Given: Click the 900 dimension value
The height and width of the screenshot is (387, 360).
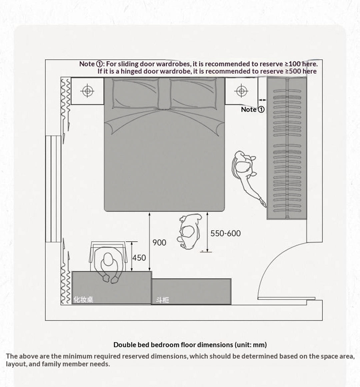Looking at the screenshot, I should [x=159, y=243].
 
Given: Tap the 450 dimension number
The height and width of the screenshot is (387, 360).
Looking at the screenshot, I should [x=139, y=258].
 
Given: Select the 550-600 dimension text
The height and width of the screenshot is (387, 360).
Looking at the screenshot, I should [x=225, y=233].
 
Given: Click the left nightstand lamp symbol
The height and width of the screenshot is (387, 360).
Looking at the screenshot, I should [x=87, y=91].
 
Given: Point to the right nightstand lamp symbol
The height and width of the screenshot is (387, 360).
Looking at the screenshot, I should [x=241, y=91].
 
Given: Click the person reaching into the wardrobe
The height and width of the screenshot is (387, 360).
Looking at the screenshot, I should [x=246, y=173].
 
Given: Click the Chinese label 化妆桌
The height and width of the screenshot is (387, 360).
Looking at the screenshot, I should [x=83, y=299].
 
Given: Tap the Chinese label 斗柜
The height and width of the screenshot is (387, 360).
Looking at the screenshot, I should [x=163, y=300].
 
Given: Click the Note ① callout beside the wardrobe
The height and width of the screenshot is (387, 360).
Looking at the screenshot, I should [x=253, y=109].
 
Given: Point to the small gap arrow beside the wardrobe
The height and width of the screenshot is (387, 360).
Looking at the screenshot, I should [x=263, y=99].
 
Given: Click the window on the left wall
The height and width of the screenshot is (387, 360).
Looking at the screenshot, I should [x=49, y=189].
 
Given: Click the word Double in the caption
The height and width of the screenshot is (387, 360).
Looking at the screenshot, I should [x=124, y=345].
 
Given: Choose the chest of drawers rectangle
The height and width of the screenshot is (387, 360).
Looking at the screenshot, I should [x=191, y=291].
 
